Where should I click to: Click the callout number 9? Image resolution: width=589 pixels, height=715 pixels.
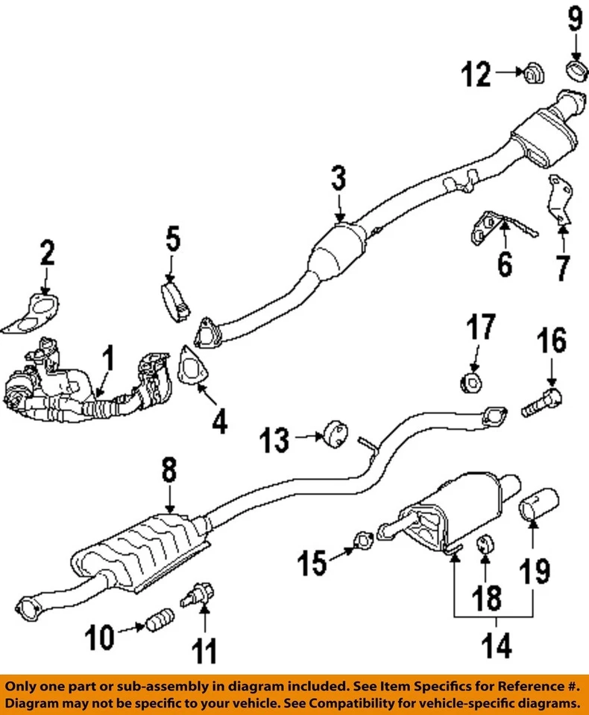pos(574,20)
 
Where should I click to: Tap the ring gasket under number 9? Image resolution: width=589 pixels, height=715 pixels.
pos(576,71)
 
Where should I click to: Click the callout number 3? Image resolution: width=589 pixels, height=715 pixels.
pos(338,179)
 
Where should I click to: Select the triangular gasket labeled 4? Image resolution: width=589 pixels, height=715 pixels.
pos(195,369)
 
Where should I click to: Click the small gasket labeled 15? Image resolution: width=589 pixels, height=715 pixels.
pos(363,539)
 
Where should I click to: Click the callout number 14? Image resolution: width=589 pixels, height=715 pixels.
pos(496,646)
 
